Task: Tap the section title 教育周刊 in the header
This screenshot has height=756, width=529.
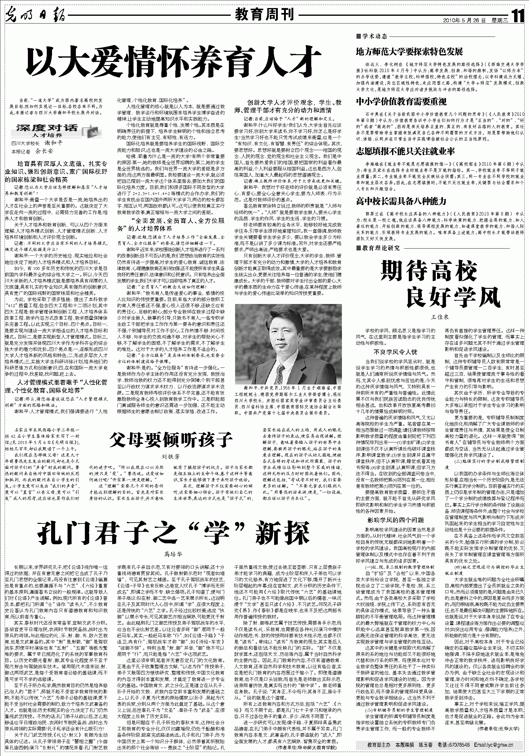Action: [264, 15]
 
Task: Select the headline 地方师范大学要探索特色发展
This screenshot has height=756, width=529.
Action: [409, 52]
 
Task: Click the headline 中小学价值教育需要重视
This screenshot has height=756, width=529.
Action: [401, 102]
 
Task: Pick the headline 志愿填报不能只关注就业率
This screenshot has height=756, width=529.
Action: [405, 151]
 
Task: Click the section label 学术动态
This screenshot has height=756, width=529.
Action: [374, 36]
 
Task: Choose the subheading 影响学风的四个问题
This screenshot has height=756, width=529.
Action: [396, 520]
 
